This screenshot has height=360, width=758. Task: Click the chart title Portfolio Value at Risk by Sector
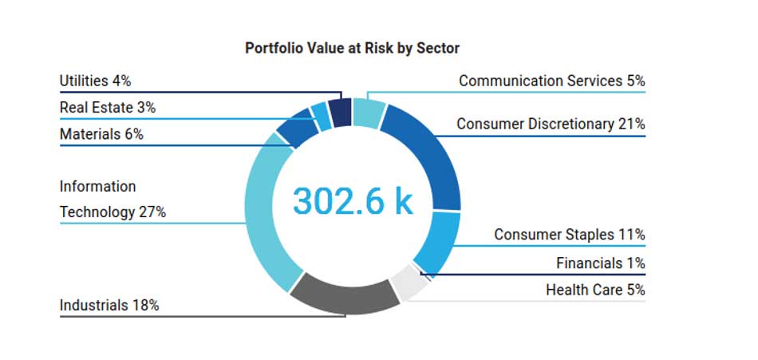(x=352, y=48)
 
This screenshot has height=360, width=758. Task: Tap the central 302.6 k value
(x=353, y=200)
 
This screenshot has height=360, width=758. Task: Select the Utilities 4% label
(x=95, y=81)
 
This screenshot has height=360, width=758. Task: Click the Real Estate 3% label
(x=107, y=108)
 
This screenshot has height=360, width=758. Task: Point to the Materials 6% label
(x=101, y=134)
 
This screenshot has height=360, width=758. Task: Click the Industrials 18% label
(x=109, y=305)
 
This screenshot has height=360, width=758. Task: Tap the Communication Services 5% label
(x=551, y=81)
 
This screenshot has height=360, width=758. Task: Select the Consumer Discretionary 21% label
(x=551, y=124)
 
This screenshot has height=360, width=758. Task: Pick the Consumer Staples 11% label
(x=569, y=235)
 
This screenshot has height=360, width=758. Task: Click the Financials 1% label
(x=600, y=263)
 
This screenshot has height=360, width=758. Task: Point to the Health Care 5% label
(x=595, y=290)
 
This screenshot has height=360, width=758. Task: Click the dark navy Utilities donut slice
(x=341, y=112)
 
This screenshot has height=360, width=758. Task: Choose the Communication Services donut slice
(x=368, y=113)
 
